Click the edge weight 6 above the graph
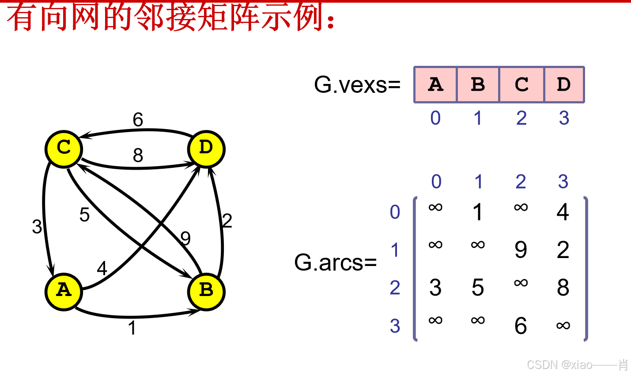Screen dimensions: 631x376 click(x=138, y=120)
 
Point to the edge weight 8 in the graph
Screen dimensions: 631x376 click(x=138, y=156)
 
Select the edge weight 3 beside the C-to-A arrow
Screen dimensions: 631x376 click(x=37, y=227)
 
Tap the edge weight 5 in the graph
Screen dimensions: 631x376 click(x=84, y=215)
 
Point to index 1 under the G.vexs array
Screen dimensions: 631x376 click(x=478, y=118)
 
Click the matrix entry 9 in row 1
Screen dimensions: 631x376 click(x=521, y=250)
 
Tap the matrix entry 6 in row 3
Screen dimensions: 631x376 click(x=521, y=326)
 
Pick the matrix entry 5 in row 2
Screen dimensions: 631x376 click(x=478, y=288)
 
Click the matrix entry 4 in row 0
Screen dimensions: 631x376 click(x=563, y=212)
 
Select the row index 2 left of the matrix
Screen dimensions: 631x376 click(x=395, y=288)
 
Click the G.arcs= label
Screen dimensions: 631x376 click(x=336, y=262)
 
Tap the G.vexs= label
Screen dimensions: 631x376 click(x=357, y=84)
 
